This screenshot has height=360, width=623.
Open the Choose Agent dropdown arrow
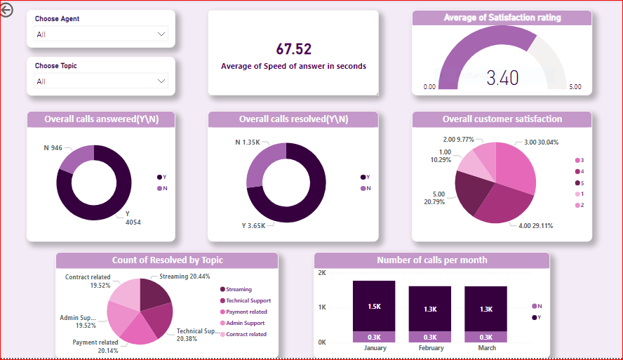(162, 34)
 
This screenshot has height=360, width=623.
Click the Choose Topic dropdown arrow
(162, 81)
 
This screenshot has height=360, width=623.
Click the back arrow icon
(7, 11)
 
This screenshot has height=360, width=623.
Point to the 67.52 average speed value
(293, 49)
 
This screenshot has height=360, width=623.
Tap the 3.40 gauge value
(502, 78)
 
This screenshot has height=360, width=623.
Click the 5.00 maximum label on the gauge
(575, 87)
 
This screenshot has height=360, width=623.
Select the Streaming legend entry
(239, 289)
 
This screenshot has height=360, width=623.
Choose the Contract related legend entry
(246, 334)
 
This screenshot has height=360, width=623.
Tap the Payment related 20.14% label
(95, 346)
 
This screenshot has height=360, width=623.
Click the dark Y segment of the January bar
(374, 306)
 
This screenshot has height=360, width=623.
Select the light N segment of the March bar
(485, 338)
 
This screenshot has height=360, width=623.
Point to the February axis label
(431, 348)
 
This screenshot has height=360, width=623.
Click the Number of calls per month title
(431, 260)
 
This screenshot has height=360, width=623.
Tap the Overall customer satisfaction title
(502, 119)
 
